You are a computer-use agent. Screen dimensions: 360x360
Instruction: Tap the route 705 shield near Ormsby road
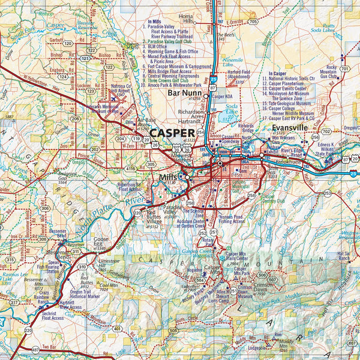coord(253,22)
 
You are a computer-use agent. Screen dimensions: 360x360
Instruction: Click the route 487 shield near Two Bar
coord(35,349)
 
